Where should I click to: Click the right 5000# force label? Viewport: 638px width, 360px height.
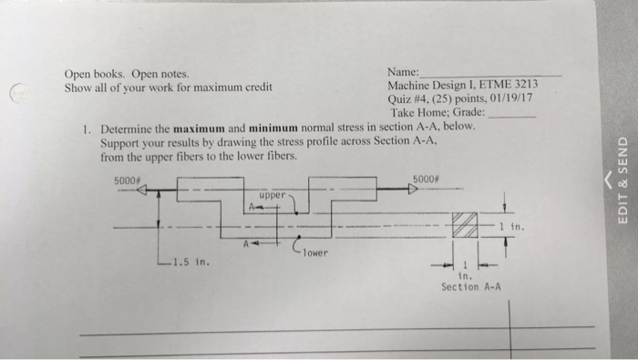coord(427,180)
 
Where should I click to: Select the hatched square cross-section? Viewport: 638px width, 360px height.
coord(465,224)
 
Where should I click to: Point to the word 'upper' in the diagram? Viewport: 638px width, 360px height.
coord(273,195)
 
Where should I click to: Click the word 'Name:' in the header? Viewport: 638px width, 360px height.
coord(403,72)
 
